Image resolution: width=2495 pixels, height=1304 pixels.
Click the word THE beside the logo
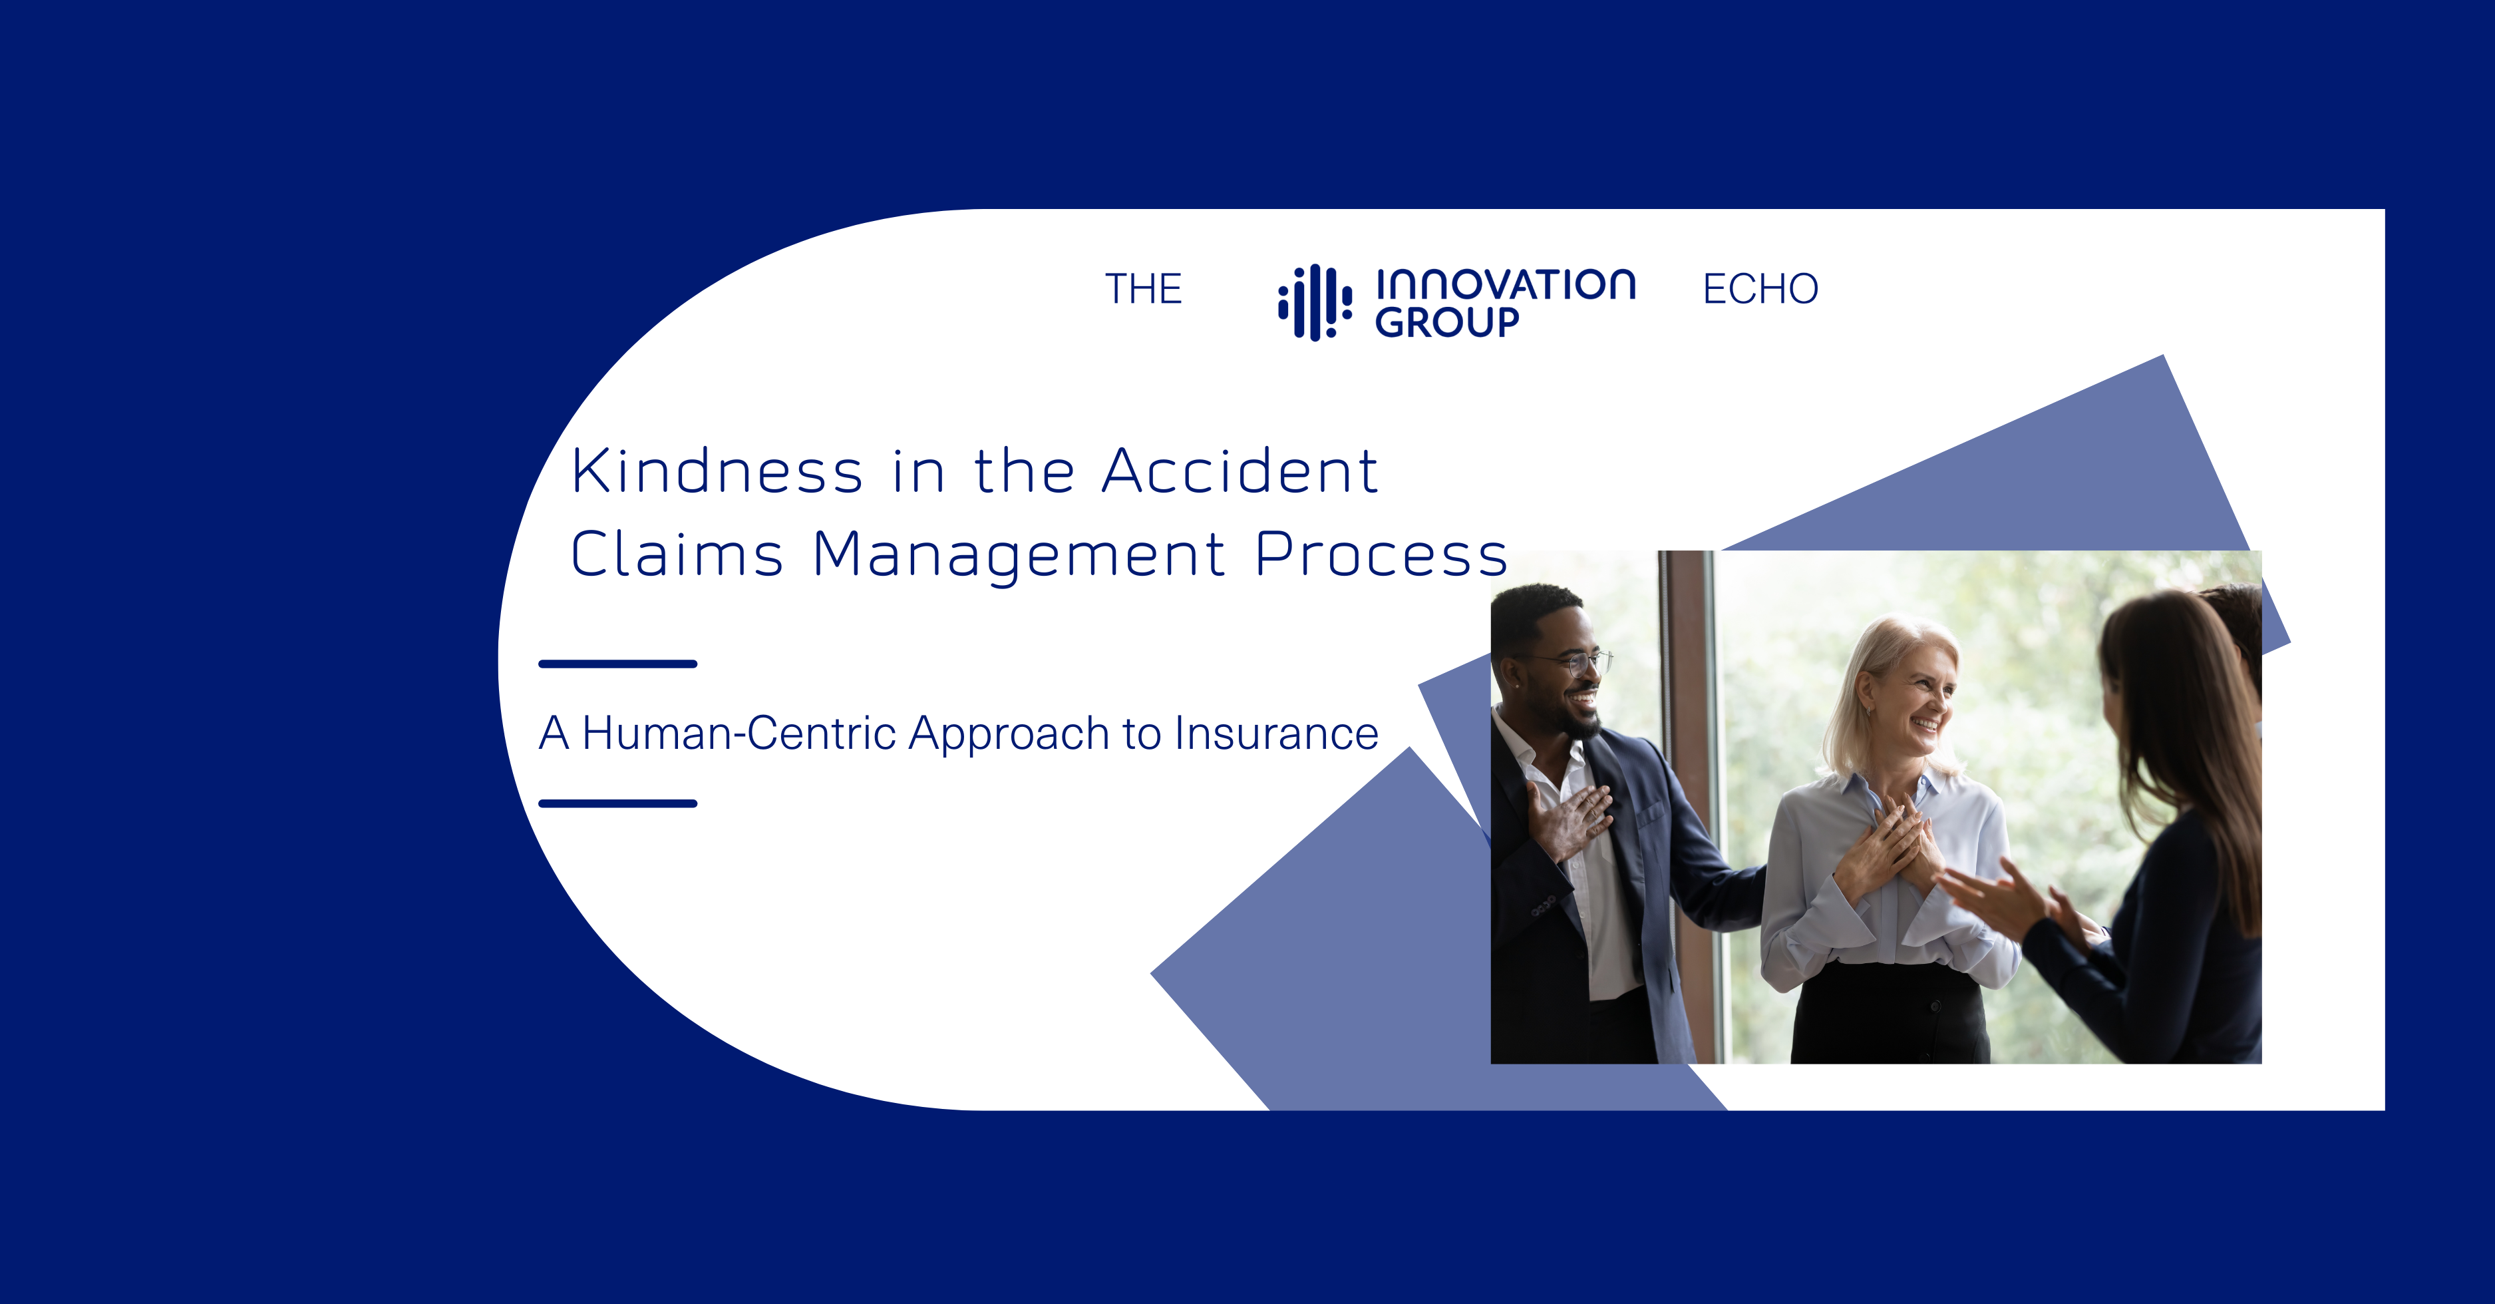1143,289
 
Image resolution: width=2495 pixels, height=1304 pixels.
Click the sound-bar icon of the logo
1314,302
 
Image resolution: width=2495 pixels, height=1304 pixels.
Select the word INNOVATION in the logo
1505,284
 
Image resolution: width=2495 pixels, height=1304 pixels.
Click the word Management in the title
1019,556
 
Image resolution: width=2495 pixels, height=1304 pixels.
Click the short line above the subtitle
618,664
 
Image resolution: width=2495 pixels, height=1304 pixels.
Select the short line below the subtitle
618,803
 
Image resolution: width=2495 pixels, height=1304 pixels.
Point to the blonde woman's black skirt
1889,1012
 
